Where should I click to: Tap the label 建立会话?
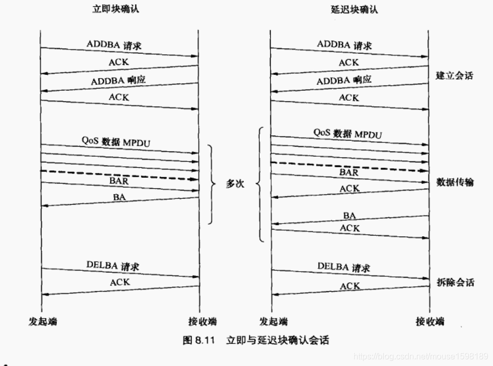tap(455, 75)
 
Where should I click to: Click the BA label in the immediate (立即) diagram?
tap(119, 197)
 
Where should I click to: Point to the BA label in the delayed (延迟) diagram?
tap(349, 215)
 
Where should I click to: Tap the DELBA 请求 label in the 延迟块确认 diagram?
tap(343, 267)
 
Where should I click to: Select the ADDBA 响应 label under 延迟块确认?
tap(344, 81)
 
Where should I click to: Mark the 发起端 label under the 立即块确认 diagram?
tap(41, 322)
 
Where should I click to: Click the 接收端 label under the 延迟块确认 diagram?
tap(429, 322)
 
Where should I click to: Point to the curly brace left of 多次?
tap(212, 184)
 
